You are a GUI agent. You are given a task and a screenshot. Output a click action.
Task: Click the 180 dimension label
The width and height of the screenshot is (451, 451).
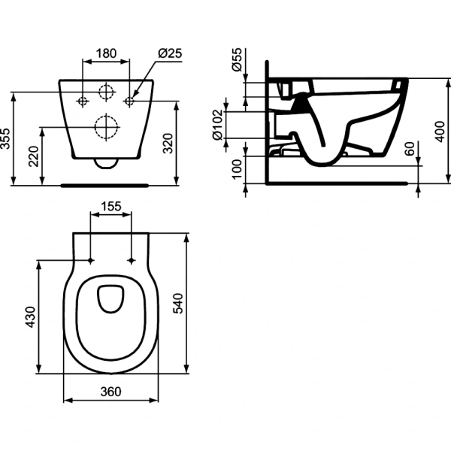pos(106,53)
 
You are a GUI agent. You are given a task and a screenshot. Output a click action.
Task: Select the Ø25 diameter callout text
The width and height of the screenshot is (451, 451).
pos(170,53)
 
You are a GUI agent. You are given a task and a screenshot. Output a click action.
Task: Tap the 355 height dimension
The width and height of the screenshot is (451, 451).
pos(5,139)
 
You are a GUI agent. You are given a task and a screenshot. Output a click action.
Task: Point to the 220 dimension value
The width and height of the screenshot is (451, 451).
pos(34,156)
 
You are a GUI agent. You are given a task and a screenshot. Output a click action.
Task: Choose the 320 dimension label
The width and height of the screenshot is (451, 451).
pos(168,144)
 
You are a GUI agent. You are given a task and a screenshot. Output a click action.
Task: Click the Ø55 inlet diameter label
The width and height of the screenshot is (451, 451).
pos(238,60)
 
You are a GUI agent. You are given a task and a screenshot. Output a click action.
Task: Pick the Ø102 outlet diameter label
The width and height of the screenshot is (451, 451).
pos(218,125)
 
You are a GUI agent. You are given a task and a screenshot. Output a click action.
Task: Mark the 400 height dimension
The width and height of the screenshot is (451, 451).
pos(440,132)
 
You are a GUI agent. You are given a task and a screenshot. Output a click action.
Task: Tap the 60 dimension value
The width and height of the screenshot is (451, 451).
pos(410,149)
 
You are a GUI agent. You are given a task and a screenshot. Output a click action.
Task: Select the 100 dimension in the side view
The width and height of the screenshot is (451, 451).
pos(238,169)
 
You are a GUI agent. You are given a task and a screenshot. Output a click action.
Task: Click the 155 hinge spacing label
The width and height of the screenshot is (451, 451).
pos(111,206)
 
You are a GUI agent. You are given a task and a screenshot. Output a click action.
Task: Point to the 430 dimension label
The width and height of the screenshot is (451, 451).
pos(31,317)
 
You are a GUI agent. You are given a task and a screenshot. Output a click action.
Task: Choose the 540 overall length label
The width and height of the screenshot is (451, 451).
pos(178,303)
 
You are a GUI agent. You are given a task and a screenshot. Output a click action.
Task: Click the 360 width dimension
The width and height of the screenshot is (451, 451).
pos(110,392)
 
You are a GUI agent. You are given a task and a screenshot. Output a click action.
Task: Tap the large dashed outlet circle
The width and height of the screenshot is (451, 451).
pos(106,127)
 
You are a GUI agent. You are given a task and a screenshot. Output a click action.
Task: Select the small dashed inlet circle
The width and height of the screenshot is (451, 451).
pos(106,92)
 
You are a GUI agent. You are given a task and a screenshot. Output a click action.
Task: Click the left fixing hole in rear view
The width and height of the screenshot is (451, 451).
pos(83,101)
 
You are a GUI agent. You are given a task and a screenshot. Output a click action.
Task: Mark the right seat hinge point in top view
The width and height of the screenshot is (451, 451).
pos(132,261)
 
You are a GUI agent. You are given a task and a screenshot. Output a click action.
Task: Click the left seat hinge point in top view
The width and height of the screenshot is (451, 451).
pos(91,261)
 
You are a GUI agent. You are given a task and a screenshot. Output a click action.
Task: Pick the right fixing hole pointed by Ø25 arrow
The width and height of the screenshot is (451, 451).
pos(129,101)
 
